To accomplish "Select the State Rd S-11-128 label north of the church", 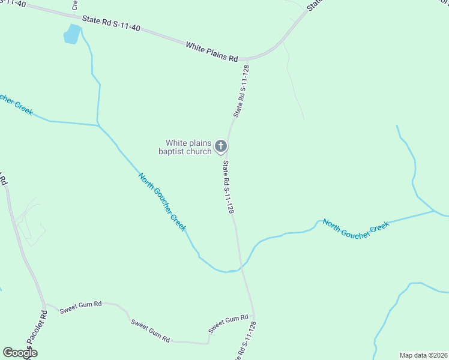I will (241, 91).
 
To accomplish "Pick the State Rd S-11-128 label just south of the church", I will (228, 187).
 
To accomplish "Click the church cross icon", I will (221, 146).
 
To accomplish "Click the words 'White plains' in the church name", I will (188, 143).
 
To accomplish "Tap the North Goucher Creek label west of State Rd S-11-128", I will (162, 202).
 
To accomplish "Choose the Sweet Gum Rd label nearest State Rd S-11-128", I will (228, 324).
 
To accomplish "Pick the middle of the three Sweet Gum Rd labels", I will (150, 332).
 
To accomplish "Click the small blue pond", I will (72, 34).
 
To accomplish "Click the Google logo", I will (20, 353).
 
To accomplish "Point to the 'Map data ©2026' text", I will (423, 355).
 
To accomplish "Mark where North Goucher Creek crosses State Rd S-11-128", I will (241, 267).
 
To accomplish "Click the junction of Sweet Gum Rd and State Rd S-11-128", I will (254, 315).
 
